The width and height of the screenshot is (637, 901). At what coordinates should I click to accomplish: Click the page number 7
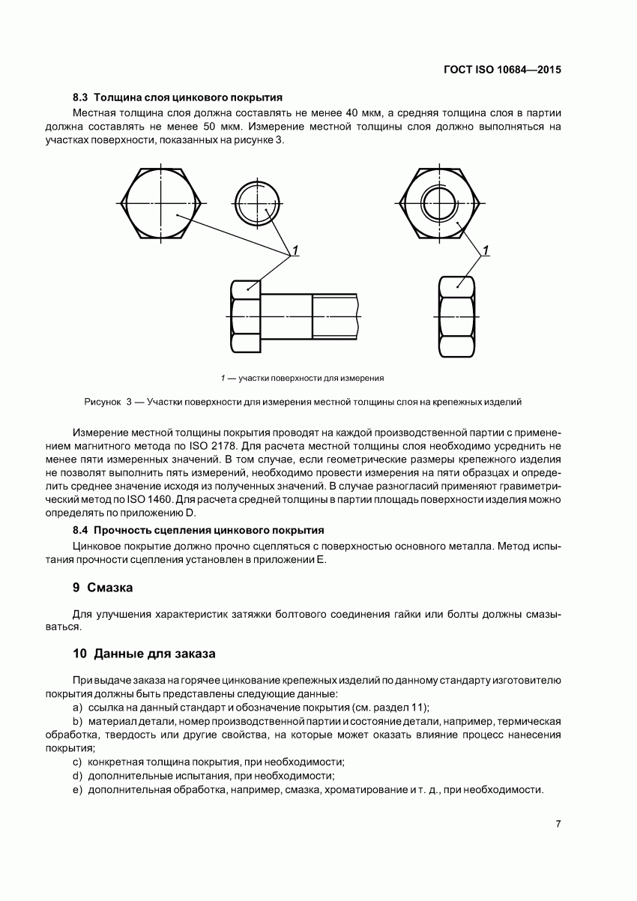click(558, 824)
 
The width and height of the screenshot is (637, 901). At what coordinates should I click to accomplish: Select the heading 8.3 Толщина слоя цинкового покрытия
click(177, 97)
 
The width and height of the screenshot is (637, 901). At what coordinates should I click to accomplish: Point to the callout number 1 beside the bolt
click(296, 250)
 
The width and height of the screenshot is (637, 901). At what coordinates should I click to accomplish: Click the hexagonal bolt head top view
click(162, 202)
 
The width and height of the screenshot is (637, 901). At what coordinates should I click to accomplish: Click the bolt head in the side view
click(246, 316)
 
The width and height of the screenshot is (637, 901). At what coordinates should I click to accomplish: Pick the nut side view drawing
click(456, 316)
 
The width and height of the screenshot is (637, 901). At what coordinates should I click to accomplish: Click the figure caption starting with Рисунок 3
click(303, 403)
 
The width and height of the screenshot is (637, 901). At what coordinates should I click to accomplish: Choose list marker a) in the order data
click(77, 708)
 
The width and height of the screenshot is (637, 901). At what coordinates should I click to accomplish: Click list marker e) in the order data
click(77, 790)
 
